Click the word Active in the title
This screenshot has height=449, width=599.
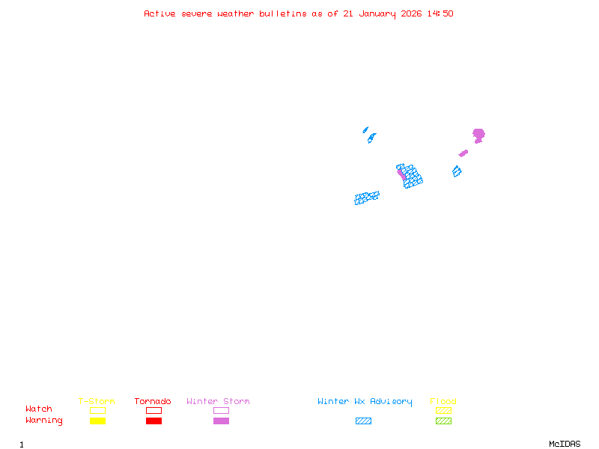click(159, 13)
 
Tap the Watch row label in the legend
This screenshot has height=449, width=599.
click(39, 409)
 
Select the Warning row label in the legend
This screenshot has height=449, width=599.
click(44, 421)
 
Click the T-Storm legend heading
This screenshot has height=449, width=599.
click(97, 402)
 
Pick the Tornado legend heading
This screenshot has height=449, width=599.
click(153, 402)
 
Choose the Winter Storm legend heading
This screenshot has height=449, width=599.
click(218, 402)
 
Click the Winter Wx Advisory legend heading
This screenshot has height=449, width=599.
click(365, 402)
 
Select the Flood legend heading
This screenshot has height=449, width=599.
click(443, 402)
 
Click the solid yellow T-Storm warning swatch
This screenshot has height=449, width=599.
click(97, 421)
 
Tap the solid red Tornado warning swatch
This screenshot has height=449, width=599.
click(153, 421)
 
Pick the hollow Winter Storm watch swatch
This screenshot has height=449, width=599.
click(221, 410)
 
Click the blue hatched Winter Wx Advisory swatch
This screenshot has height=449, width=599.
click(363, 421)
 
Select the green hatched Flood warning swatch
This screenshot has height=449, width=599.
click(443, 421)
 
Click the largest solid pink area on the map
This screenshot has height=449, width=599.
click(478, 135)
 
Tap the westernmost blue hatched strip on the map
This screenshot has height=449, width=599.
click(367, 198)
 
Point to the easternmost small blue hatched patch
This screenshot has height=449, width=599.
click(457, 171)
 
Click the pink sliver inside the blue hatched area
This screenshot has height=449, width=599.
click(402, 174)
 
